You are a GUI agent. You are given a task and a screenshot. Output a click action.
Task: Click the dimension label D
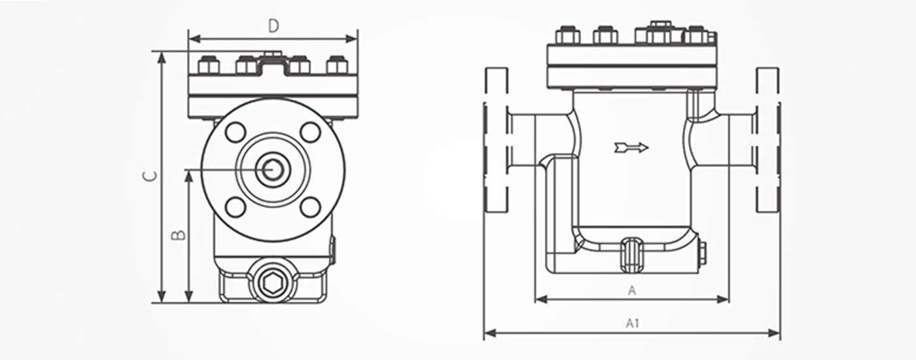click(x=273, y=26)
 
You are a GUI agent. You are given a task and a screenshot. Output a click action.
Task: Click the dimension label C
click(x=150, y=176)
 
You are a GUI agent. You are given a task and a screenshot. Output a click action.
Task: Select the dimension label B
click(x=178, y=235)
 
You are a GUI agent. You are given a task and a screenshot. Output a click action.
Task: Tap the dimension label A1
click(x=632, y=323)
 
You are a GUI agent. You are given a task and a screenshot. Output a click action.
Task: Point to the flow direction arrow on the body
click(x=631, y=147)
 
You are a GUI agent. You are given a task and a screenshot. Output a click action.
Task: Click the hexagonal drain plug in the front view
click(x=273, y=283)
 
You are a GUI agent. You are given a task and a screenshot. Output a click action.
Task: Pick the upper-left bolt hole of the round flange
click(x=236, y=132)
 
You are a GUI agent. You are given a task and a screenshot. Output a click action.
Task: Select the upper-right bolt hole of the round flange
click(x=310, y=132)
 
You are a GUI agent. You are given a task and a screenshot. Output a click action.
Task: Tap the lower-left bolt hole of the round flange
click(x=236, y=207)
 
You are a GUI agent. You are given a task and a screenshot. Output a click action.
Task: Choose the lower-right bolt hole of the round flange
click(x=310, y=207)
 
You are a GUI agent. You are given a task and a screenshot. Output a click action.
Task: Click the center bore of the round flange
click(x=273, y=169)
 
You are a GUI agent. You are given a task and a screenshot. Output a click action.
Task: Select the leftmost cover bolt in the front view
click(x=209, y=65)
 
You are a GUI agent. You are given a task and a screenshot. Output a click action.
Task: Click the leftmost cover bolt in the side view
click(x=568, y=35)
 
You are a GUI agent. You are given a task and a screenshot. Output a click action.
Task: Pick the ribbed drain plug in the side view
click(x=632, y=255)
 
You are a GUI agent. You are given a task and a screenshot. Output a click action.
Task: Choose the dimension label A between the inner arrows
click(x=632, y=291)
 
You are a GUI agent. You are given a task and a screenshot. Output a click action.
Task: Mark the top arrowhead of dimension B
click(x=188, y=177)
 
